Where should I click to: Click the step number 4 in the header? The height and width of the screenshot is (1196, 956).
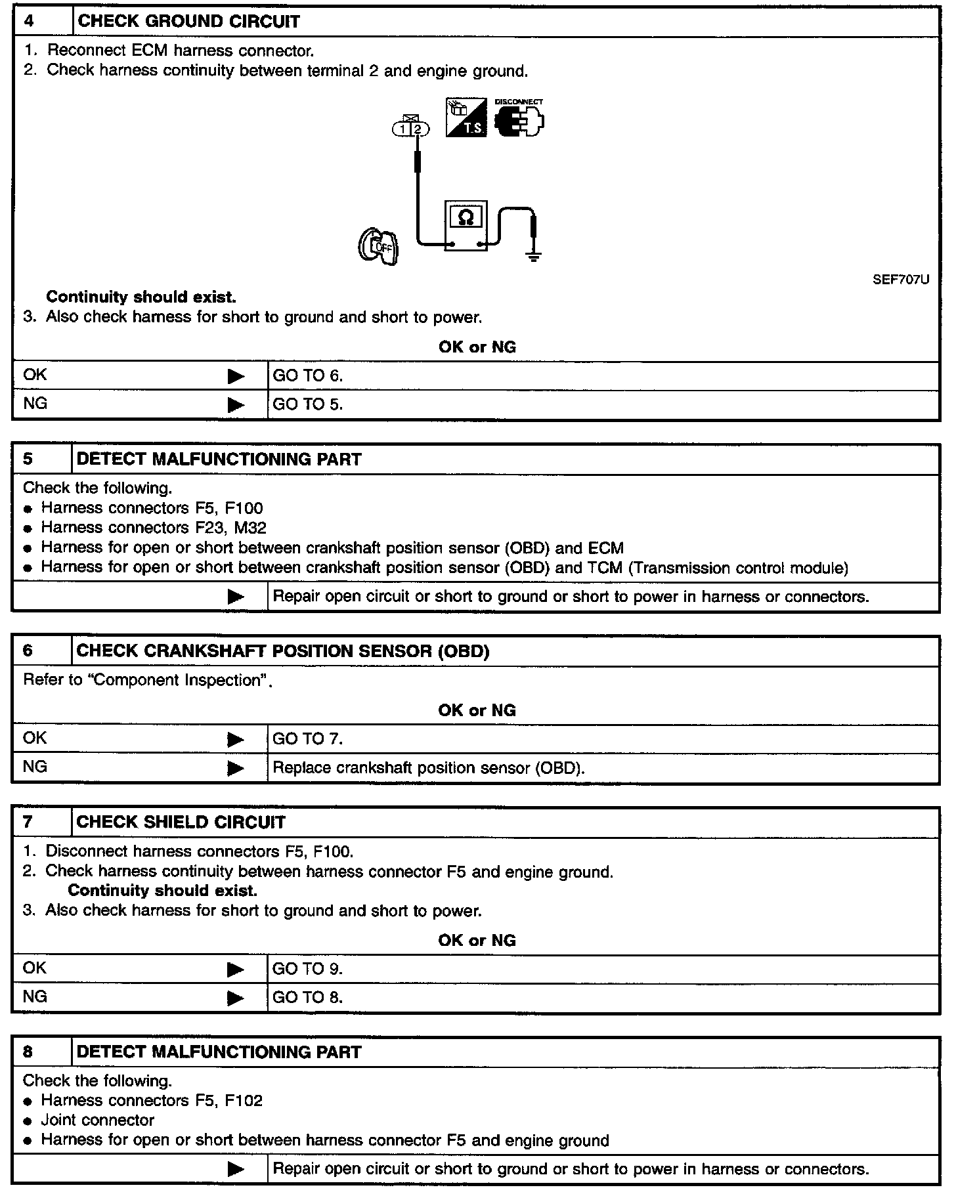pos(30,21)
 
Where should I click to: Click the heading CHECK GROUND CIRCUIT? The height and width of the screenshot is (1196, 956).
pos(188,22)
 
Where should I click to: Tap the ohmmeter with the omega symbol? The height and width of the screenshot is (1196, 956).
pos(466,225)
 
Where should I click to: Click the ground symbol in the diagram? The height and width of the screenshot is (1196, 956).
pos(534,255)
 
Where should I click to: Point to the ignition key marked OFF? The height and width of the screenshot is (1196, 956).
pos(379,246)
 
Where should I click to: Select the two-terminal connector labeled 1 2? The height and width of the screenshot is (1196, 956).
pos(411,129)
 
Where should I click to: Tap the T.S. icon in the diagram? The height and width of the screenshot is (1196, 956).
pos(466,118)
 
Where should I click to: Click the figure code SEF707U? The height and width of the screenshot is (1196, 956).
pos(900,280)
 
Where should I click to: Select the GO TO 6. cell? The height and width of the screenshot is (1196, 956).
pos(308,376)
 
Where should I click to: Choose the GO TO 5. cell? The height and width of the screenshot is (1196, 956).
pos(308,404)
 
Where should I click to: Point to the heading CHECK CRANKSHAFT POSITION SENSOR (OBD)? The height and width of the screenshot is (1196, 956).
pos(283,651)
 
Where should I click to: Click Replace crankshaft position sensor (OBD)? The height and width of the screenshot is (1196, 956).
pos(428,767)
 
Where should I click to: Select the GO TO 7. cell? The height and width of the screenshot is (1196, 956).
pos(308,739)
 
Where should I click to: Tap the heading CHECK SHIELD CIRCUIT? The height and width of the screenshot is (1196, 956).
pos(181,822)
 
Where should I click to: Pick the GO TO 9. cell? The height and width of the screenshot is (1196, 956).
pos(308,969)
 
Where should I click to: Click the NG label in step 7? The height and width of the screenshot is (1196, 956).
pos(35,997)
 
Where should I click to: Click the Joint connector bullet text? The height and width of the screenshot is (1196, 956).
pos(98,1121)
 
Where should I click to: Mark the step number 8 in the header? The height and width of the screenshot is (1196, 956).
pos(28,1052)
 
